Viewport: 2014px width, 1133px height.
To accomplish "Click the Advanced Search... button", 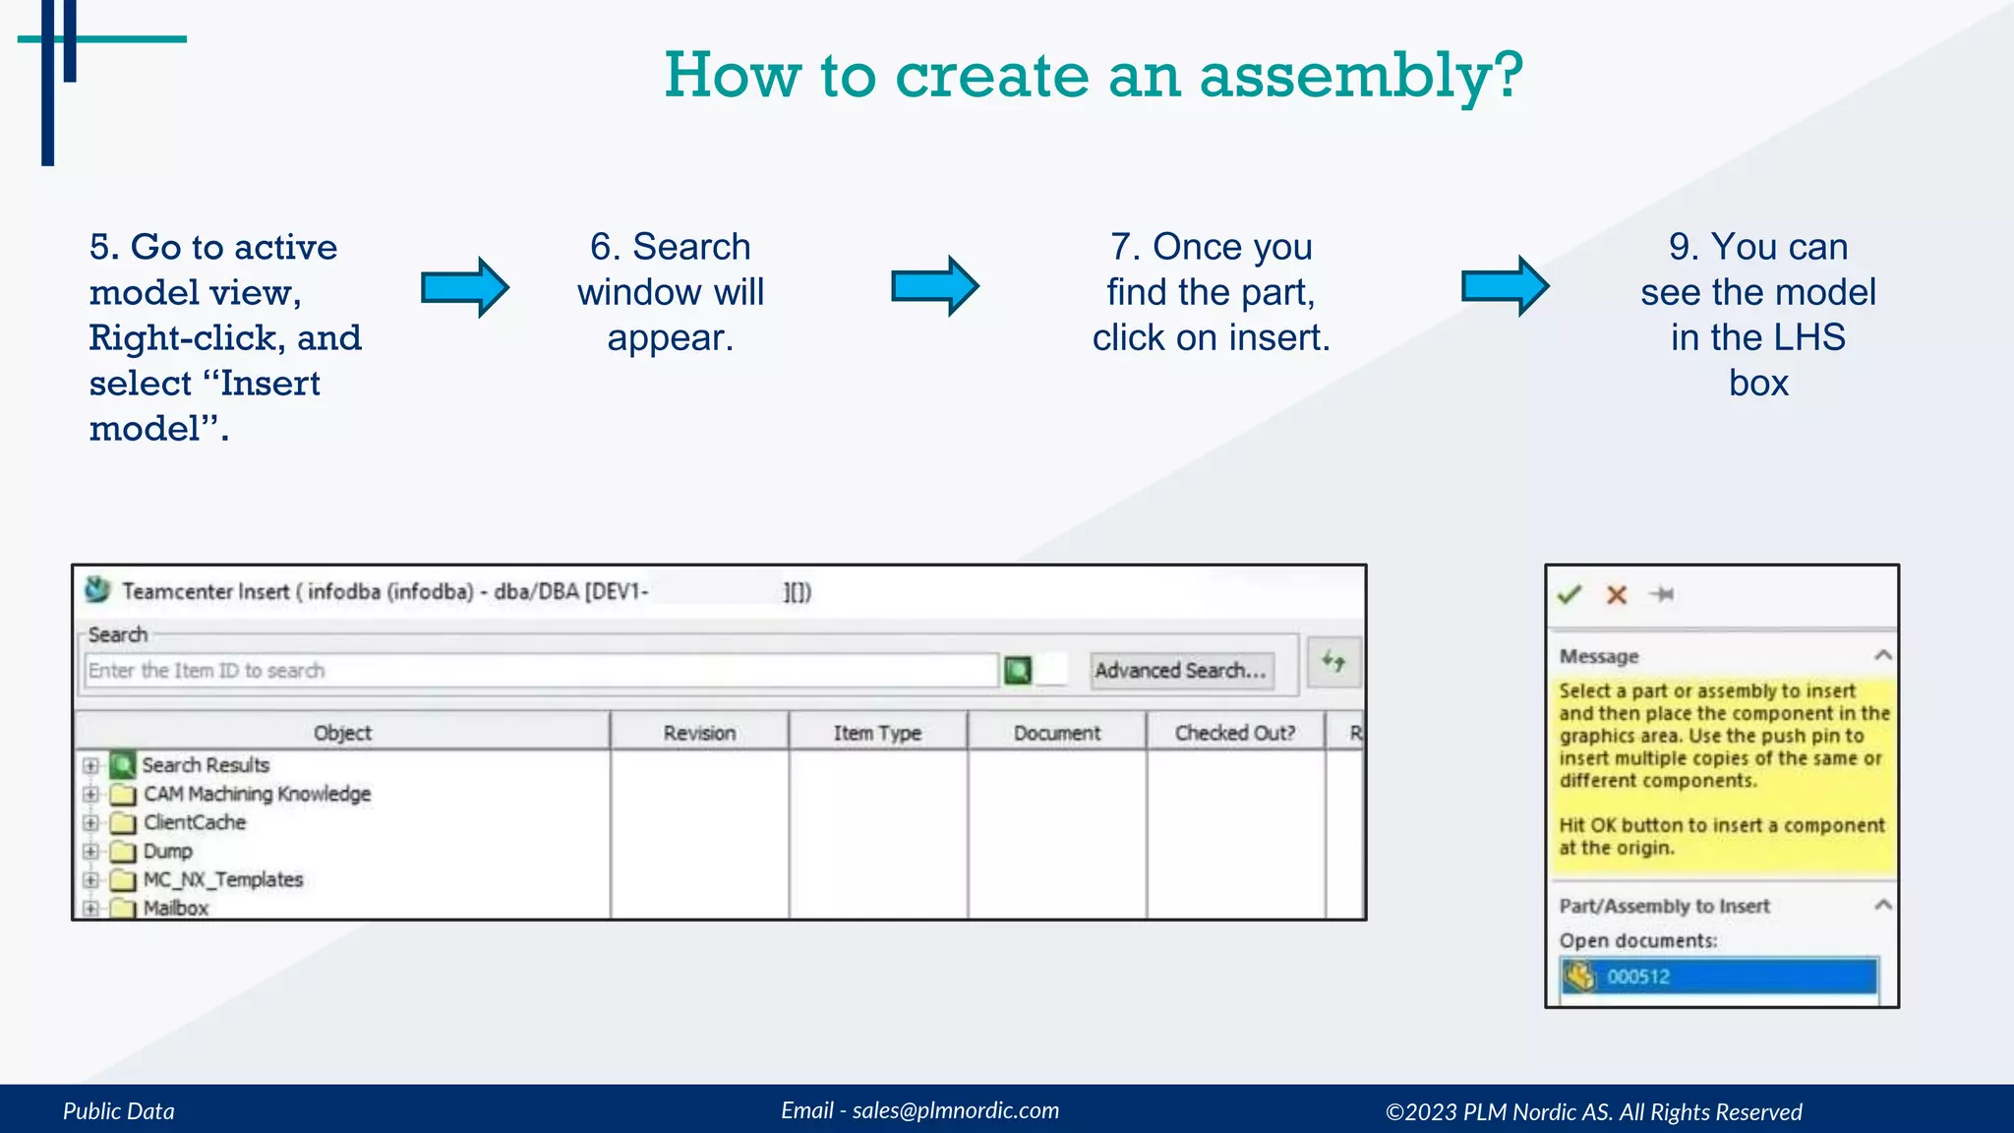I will (1180, 671).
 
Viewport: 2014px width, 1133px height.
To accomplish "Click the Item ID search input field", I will (541, 671).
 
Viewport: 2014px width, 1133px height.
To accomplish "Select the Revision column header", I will (699, 733).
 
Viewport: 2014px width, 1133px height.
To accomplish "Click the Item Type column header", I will (877, 733).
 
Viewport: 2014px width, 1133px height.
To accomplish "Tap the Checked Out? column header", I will (1234, 733).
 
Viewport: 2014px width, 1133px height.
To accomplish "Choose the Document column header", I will (1057, 733).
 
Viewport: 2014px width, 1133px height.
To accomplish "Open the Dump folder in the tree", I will (167, 851).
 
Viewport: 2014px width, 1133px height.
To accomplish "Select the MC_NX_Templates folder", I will (222, 879).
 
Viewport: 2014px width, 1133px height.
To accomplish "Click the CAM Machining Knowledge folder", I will (257, 794).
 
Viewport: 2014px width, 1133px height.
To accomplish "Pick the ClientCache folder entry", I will (194, 822).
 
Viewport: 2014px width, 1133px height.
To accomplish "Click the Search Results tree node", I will (205, 765).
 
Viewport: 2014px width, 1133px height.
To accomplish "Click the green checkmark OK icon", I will (1570, 594).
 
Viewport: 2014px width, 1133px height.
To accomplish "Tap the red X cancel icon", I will (1617, 594).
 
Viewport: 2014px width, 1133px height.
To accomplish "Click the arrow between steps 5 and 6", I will (464, 287).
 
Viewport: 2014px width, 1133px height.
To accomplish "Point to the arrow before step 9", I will (1505, 286).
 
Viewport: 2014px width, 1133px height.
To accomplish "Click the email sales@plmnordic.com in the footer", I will (955, 1110).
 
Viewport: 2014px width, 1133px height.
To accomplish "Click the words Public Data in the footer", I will (119, 1111).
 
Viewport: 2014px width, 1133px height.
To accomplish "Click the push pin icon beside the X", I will (1662, 594).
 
